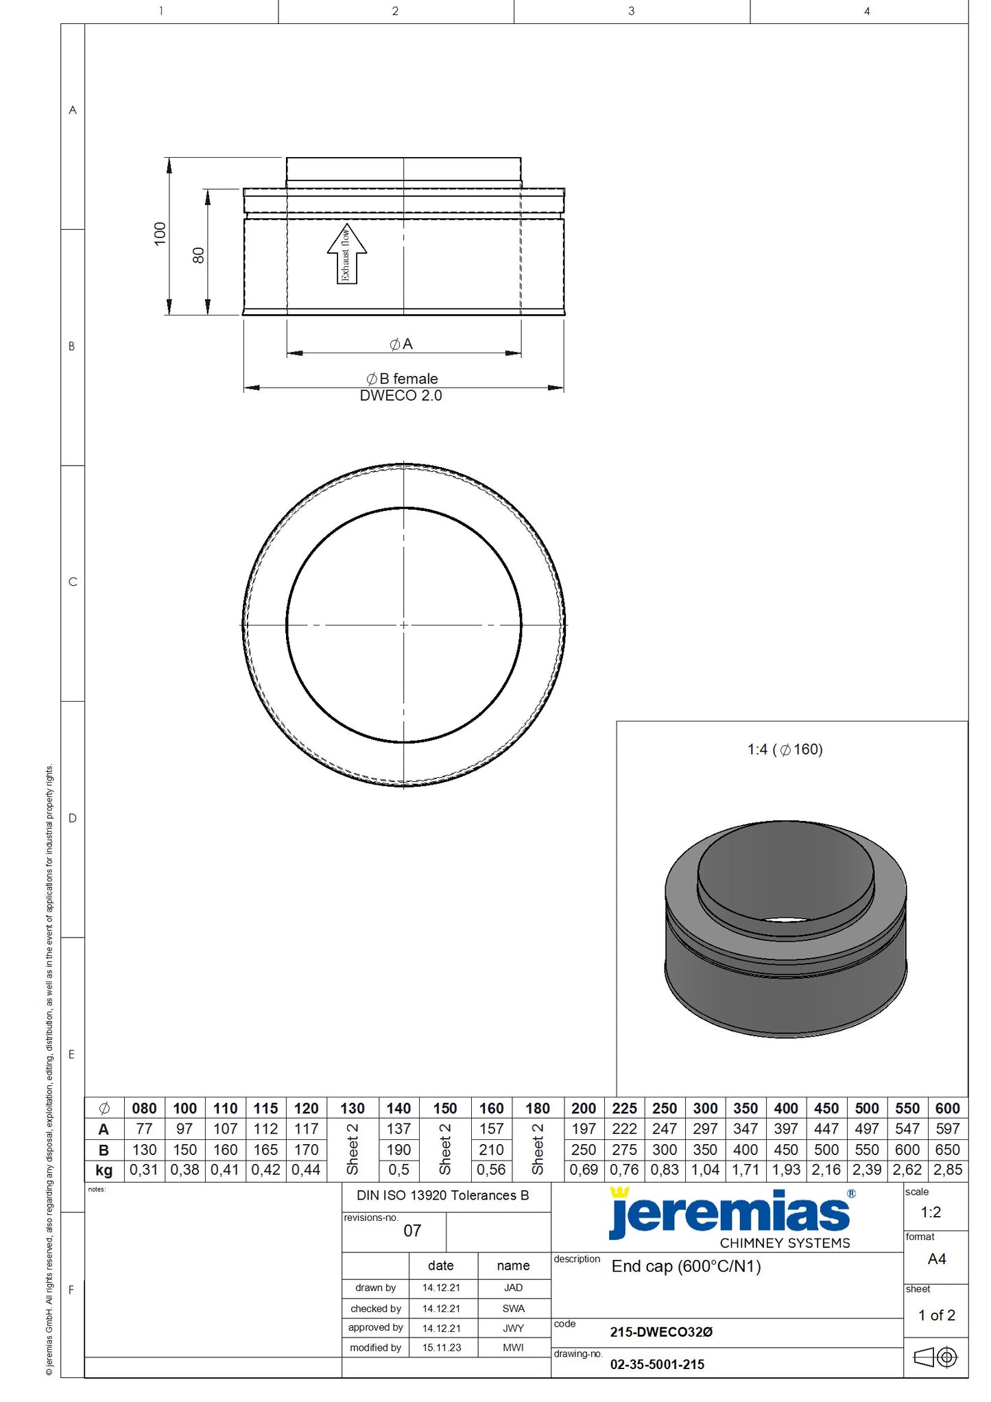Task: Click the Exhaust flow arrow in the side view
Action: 346,254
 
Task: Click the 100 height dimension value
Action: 160,234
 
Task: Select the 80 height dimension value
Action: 198,255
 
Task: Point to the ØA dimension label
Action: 401,344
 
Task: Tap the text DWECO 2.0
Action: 401,396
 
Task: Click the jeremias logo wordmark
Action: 730,1214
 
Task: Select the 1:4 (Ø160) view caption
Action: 785,749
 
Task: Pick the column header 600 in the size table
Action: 947,1108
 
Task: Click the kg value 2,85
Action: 948,1169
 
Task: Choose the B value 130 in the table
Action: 144,1150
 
